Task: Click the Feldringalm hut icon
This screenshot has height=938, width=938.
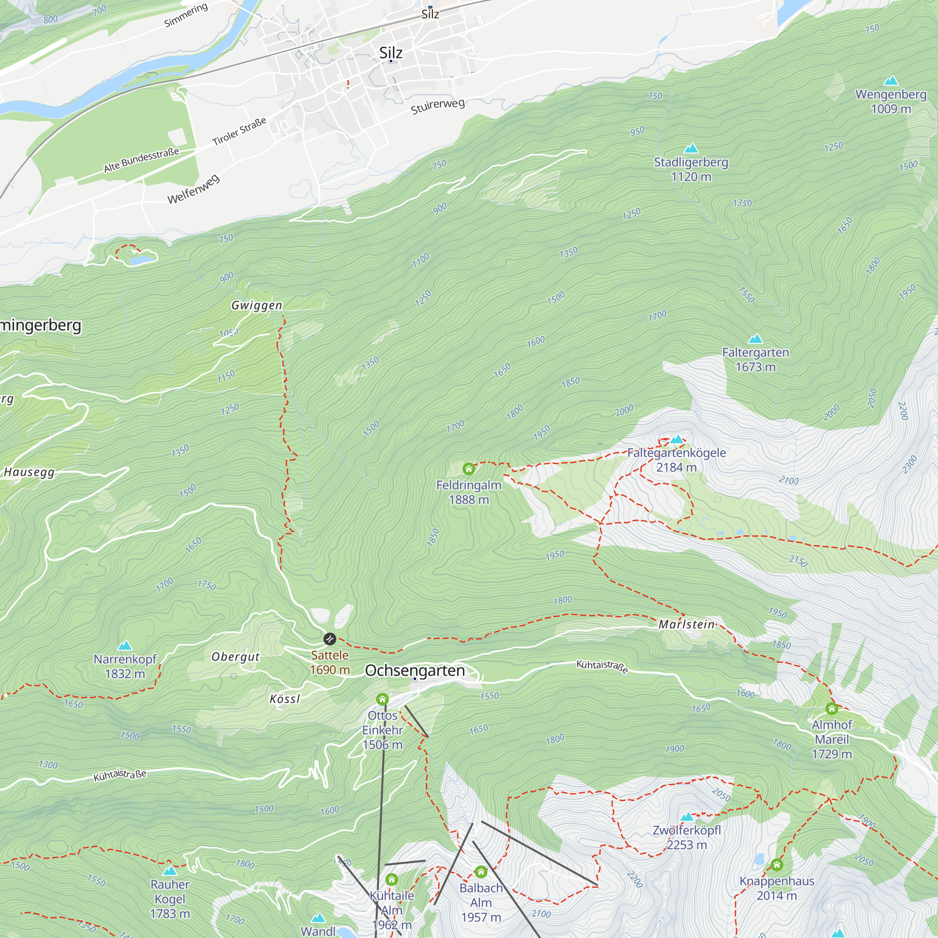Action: pos(469,469)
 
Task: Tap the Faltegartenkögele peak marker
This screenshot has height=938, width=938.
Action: pos(676,439)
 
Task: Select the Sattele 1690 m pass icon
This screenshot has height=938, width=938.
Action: pos(330,638)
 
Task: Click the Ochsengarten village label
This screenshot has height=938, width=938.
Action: pos(415,671)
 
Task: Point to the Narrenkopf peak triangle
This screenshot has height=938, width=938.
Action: pos(125,645)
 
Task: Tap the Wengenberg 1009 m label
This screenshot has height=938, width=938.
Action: pos(891,101)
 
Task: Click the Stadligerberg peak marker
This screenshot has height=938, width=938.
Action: pos(691,148)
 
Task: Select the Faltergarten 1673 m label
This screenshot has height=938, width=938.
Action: pos(756,359)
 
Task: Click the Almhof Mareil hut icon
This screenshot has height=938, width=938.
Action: pos(832,709)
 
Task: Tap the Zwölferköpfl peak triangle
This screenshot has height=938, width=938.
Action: pos(687,817)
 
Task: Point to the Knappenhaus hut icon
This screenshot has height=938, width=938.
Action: pos(777,865)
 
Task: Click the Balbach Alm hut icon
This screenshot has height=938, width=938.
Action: pos(481,872)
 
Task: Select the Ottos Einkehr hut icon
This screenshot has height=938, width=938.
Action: pos(383,700)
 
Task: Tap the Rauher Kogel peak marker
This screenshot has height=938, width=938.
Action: pos(169,871)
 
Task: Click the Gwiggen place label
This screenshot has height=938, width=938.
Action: pos(257,305)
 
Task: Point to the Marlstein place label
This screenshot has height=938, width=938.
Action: pos(687,624)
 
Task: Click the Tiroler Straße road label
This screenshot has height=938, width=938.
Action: pos(239,131)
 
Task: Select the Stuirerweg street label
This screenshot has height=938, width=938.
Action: pos(438,106)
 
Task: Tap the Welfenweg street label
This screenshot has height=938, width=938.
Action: pos(194,189)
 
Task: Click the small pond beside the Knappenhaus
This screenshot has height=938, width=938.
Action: pos(760,860)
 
